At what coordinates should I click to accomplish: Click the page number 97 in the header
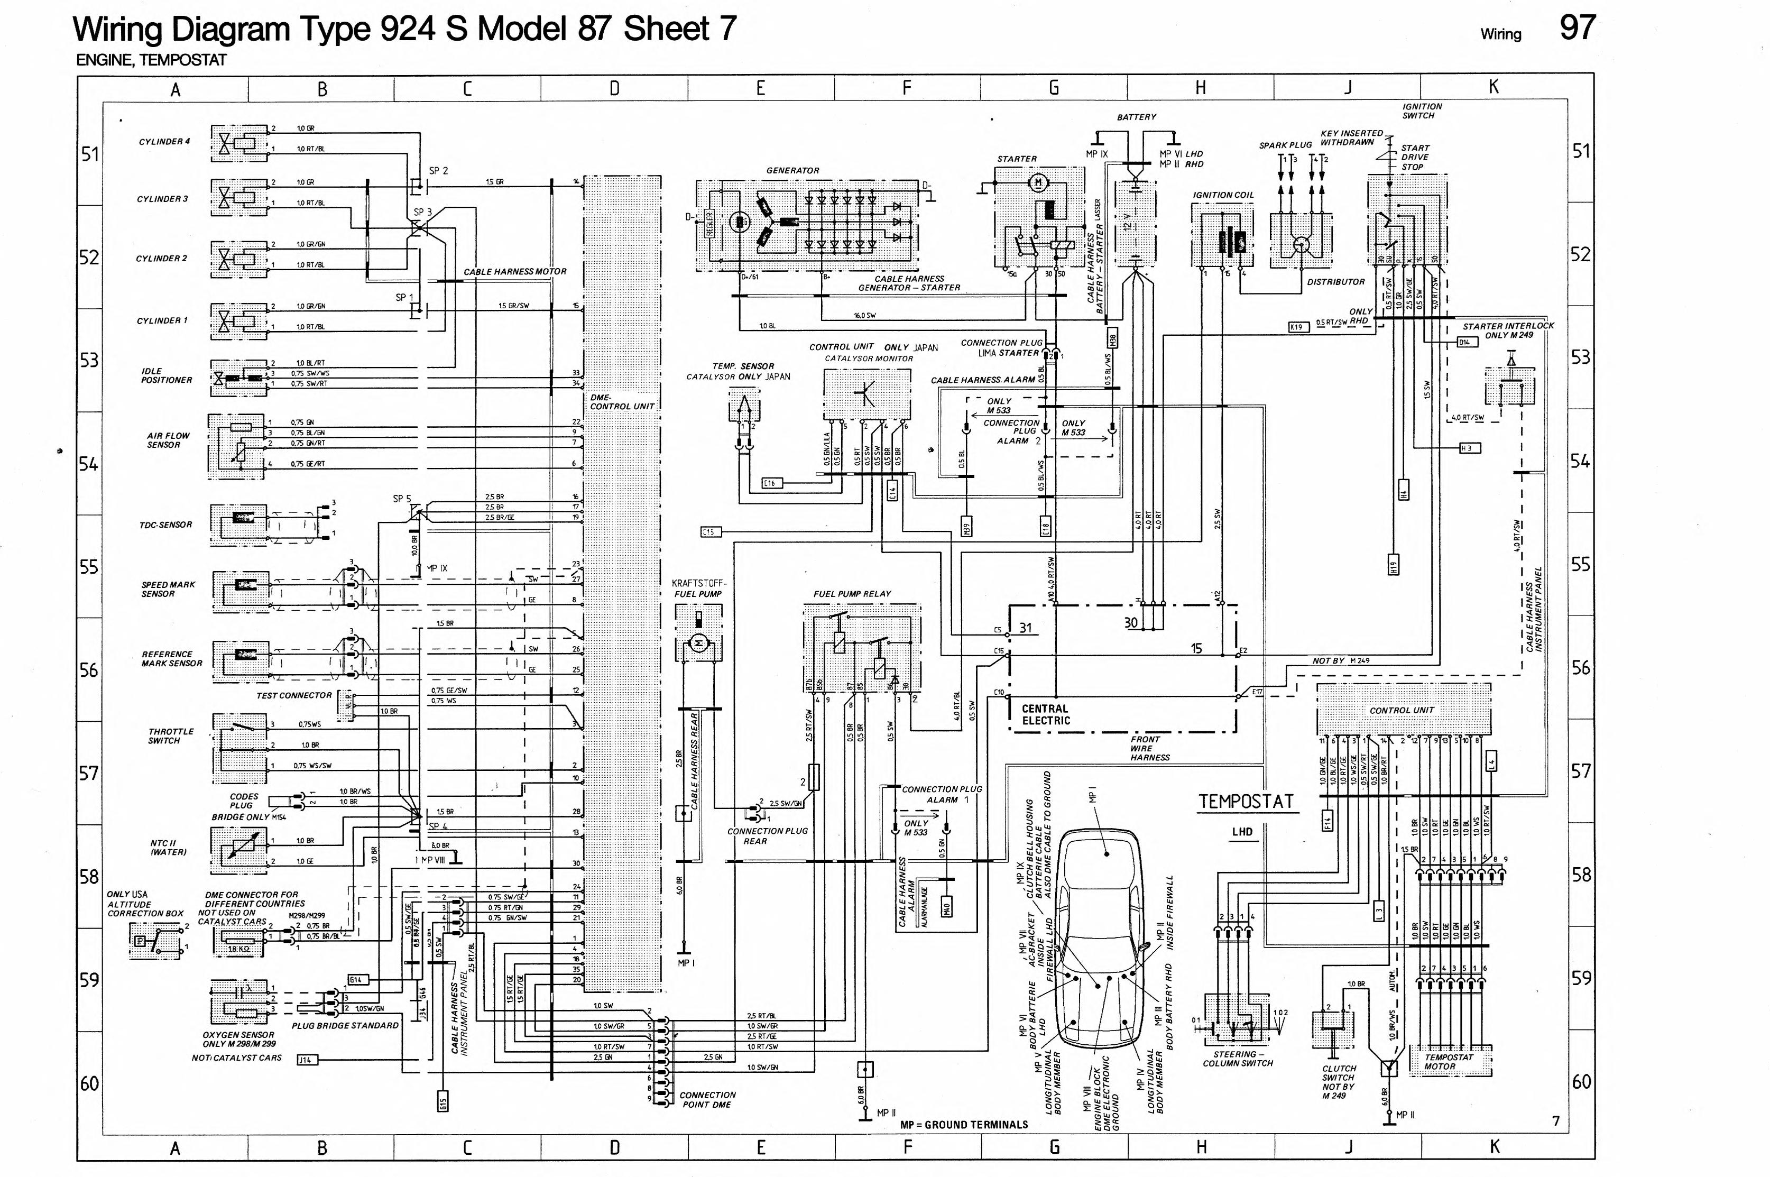1577,29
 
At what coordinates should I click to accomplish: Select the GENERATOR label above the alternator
792,170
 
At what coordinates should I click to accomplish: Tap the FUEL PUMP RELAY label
852,594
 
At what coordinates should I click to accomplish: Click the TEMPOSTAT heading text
1246,802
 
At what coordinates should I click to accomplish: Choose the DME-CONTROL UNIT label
621,402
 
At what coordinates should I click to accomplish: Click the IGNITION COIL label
1223,195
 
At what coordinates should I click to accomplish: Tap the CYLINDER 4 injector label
164,142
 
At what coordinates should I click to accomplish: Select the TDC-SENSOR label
166,525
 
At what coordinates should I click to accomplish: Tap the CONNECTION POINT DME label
707,1100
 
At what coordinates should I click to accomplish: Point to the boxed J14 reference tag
308,1060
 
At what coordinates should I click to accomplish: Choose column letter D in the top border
614,89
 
